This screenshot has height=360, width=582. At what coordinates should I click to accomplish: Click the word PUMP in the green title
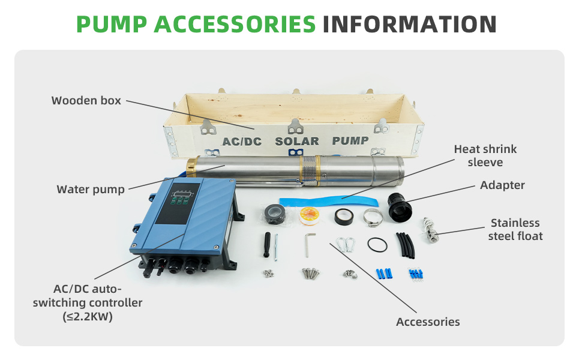tap(112, 25)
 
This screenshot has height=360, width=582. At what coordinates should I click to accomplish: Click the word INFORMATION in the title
tap(409, 25)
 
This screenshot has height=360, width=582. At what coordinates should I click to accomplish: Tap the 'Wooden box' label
tap(86, 101)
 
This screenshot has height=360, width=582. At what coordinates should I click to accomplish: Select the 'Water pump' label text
tap(91, 190)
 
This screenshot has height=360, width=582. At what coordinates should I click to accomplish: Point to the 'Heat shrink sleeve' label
tap(485, 155)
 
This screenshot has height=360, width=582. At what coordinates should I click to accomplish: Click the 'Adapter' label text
tap(502, 185)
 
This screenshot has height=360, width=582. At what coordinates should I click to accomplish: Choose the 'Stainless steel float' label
tap(515, 229)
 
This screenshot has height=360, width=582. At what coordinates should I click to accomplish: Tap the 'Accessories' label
tap(428, 322)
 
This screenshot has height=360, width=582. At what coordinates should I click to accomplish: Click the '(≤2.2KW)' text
tap(88, 317)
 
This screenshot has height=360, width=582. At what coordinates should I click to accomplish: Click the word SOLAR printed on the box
tap(297, 142)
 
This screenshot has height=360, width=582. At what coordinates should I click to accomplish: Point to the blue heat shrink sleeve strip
tap(329, 202)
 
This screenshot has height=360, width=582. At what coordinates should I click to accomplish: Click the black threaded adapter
tap(400, 206)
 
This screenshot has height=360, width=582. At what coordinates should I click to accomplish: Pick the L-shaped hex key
tap(310, 245)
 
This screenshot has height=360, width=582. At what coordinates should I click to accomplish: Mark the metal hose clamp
tap(373, 217)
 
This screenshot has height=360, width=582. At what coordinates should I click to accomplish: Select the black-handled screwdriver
tap(267, 245)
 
